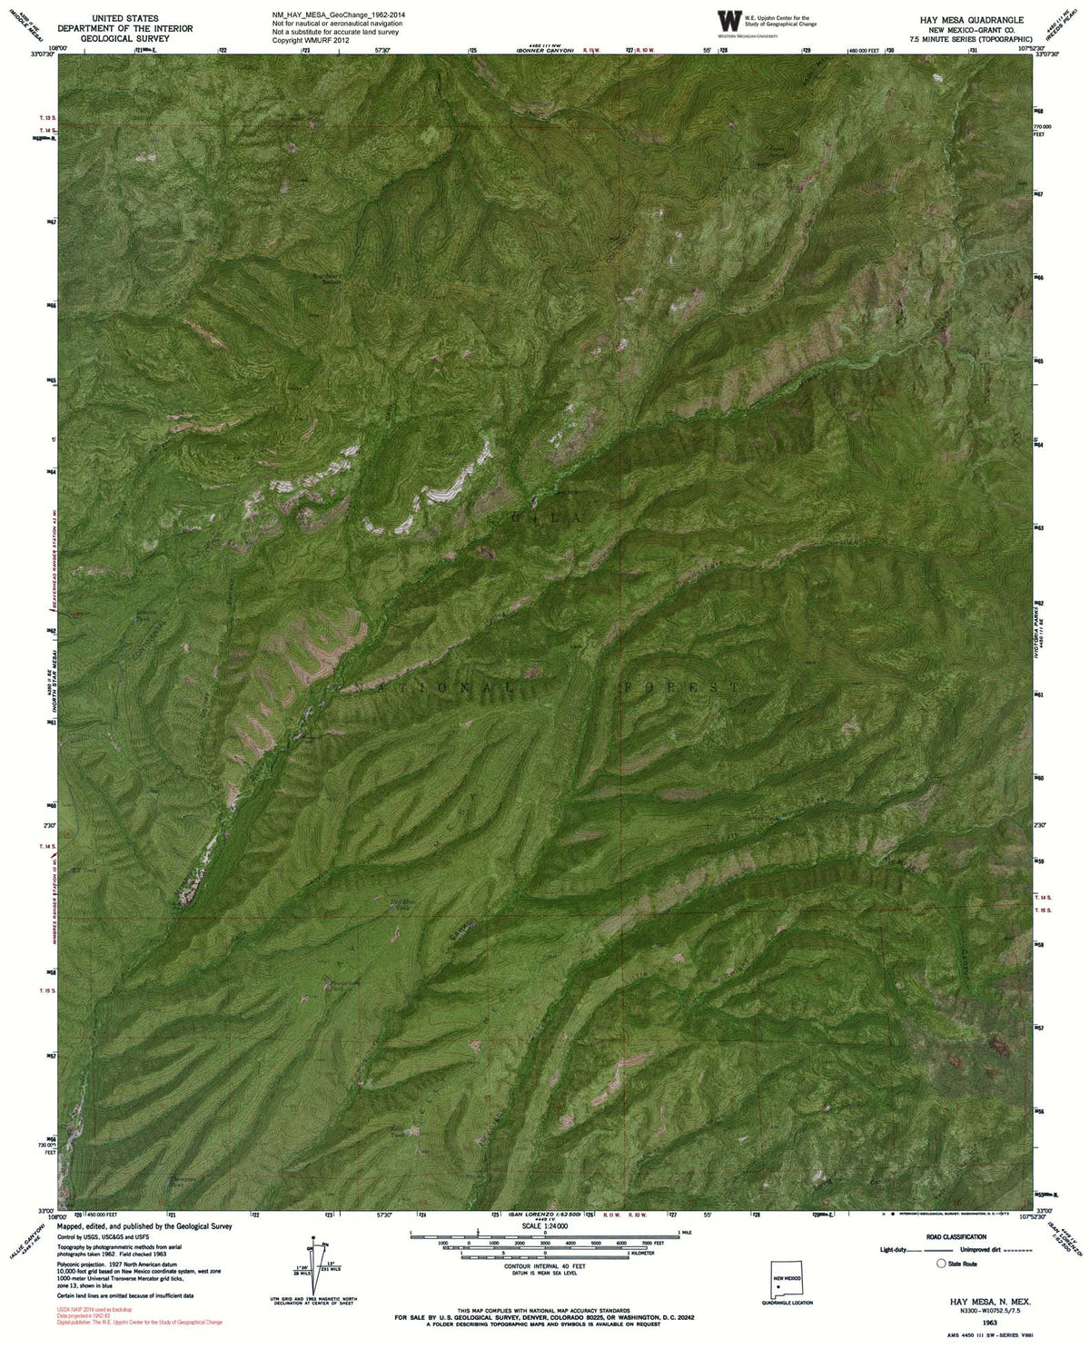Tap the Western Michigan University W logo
(x=728, y=21)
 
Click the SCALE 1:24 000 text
(x=543, y=1225)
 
